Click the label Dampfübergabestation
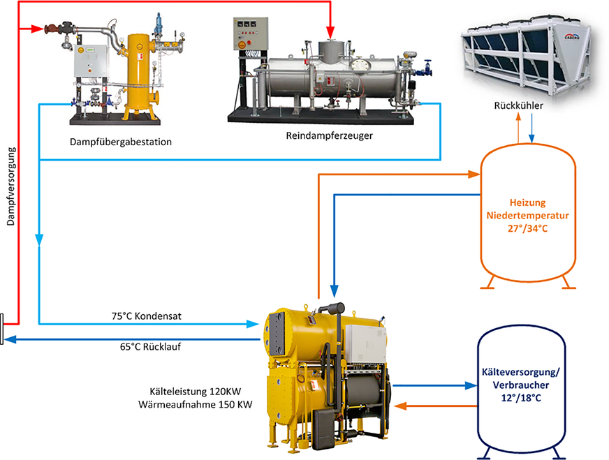pyautogui.click(x=121, y=142)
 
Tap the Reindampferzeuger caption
pyautogui.click(x=329, y=135)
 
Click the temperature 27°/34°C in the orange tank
pyautogui.click(x=528, y=228)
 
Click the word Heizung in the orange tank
pyautogui.click(x=528, y=201)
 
